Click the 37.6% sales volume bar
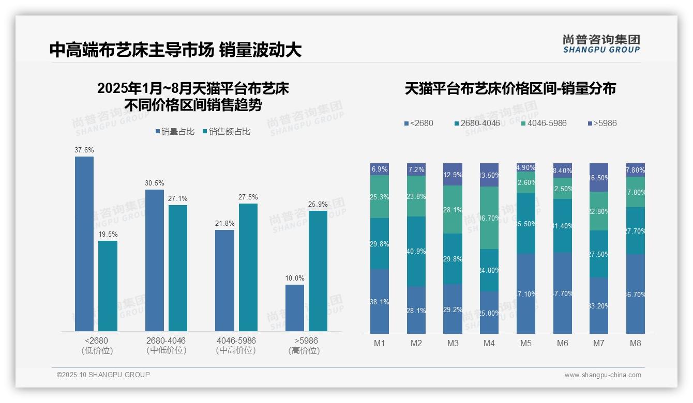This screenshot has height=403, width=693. tap(84, 243)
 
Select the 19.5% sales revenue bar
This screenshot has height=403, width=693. tap(108, 286)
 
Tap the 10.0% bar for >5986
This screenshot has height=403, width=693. tap(295, 307)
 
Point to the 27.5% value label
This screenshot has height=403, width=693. tap(248, 197)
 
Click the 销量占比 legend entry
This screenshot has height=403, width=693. tap(175, 132)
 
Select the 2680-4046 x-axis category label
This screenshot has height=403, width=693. tap(166, 341)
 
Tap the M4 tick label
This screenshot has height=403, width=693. tap(489, 343)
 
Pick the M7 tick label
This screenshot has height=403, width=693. tap(599, 343)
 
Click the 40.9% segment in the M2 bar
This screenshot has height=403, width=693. tap(416, 252)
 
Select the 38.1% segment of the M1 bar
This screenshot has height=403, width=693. tap(380, 301)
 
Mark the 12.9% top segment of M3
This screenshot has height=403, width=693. tap(453, 175)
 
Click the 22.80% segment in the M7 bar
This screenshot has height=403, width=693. tap(599, 211)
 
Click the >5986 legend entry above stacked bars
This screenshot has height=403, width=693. tap(602, 123)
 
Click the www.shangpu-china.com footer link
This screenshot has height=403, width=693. tap(602, 375)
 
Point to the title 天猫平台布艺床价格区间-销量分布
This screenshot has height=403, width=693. tap(510, 89)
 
